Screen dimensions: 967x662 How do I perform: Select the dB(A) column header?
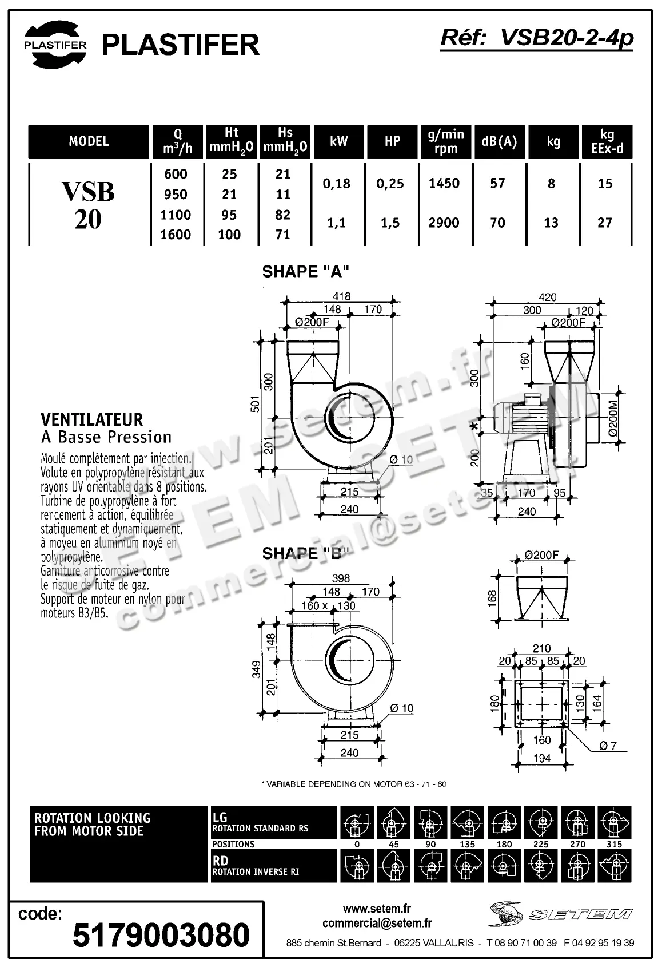(x=499, y=141)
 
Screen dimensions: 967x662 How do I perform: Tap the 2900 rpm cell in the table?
(x=444, y=223)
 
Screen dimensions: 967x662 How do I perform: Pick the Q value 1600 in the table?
(x=176, y=235)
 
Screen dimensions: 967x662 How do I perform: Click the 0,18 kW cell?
(x=337, y=184)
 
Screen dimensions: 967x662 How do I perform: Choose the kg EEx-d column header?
(x=607, y=142)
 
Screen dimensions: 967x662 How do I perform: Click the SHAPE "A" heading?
(x=305, y=272)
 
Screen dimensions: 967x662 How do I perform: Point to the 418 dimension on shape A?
(x=341, y=296)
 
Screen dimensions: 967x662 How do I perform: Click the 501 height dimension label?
(x=256, y=403)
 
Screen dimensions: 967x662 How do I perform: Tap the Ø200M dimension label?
(x=613, y=418)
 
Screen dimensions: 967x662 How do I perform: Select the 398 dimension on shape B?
(x=341, y=578)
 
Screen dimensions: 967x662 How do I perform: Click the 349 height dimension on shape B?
(x=256, y=669)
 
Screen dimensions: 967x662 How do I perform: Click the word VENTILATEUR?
(x=92, y=420)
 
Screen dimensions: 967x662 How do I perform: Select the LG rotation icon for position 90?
(x=430, y=822)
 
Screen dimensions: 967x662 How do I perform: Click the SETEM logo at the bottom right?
(x=560, y=914)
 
